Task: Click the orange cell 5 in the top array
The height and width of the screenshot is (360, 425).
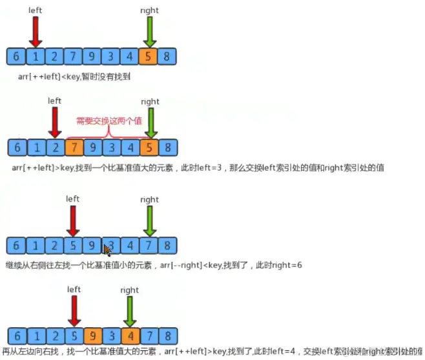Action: click(148, 56)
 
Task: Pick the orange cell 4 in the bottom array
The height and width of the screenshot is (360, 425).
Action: click(129, 335)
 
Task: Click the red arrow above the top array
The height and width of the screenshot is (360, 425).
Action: click(36, 31)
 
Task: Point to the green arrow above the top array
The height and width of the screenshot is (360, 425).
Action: click(149, 31)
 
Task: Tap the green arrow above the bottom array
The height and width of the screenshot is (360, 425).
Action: click(130, 312)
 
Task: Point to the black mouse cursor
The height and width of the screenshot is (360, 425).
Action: click(107, 250)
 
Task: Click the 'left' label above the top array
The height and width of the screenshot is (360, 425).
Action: click(36, 10)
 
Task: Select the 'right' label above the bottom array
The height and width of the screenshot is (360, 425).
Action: click(130, 290)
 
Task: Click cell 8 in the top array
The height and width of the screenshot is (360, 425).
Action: click(167, 56)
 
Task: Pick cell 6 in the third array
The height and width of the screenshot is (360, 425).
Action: click(17, 245)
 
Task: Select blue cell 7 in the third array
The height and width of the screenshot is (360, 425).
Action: click(148, 245)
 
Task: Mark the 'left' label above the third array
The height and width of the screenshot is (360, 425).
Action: click(73, 199)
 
